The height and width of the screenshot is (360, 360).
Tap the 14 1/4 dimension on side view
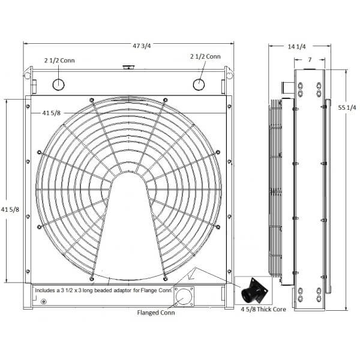[296, 46]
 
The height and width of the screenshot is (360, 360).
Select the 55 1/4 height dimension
[347, 107]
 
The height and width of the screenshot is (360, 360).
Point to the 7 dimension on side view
[308, 60]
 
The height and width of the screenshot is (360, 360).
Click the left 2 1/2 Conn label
[59, 60]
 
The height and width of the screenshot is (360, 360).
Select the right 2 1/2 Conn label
[205, 56]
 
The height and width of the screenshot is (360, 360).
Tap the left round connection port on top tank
[58, 84]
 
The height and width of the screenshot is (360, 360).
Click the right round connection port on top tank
[199, 84]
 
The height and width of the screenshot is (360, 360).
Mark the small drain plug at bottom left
[42, 301]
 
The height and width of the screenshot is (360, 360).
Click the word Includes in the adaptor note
[47, 290]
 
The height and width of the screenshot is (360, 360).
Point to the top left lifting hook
[27, 74]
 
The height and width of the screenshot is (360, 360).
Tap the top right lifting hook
[229, 74]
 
